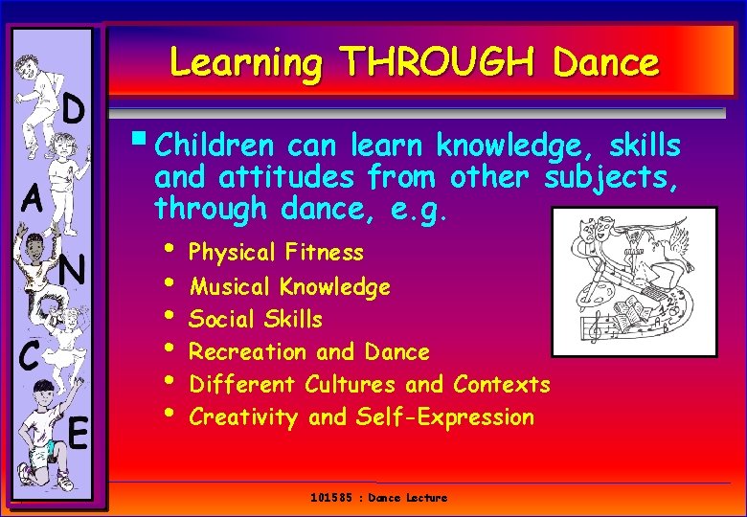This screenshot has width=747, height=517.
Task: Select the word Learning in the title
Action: [246, 63]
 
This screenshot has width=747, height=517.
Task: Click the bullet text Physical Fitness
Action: [277, 253]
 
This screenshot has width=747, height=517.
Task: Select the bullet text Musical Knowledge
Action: [290, 286]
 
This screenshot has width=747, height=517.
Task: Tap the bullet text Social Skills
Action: [256, 319]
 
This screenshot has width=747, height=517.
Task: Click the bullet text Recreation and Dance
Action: [309, 351]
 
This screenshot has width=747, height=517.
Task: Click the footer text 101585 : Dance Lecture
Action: [379, 498]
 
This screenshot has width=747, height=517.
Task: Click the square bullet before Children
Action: [143, 145]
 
